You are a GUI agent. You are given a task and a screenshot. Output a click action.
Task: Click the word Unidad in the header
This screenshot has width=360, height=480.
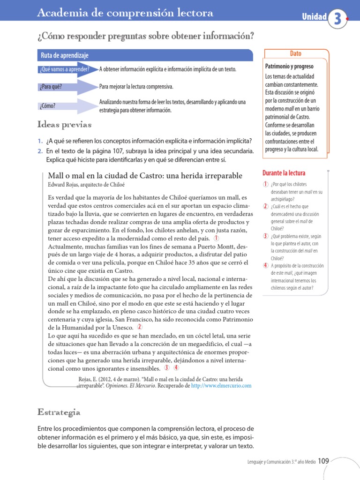point(314,17)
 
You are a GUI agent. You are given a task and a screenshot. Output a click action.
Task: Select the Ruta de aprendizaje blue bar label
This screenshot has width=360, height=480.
point(64,55)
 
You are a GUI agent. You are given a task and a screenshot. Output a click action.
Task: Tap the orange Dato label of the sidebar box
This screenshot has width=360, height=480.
point(296,54)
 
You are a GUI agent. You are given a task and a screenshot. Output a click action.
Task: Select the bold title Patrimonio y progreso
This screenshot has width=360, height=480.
point(289,67)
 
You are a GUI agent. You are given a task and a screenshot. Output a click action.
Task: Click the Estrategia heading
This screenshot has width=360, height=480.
point(59,412)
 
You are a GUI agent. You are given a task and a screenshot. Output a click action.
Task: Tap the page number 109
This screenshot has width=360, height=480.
point(323,461)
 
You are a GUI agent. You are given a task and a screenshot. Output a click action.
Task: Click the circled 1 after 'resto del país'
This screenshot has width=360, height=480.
point(216,238)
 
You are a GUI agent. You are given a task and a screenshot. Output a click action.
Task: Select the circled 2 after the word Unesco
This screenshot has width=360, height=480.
point(139,327)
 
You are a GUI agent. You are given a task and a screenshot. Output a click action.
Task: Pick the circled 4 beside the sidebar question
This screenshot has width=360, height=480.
point(266,266)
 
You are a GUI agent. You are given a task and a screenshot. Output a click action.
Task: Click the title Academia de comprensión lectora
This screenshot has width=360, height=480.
point(125,14)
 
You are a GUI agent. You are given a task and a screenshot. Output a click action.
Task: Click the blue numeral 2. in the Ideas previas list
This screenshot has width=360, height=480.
point(40,151)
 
